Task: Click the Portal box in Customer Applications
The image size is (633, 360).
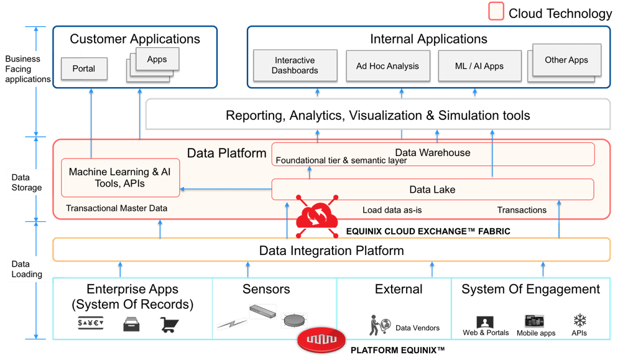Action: click(84, 68)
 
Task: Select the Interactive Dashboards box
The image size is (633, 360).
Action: click(295, 65)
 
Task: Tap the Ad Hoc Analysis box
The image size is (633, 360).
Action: click(387, 66)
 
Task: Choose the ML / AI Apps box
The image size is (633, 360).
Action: click(479, 66)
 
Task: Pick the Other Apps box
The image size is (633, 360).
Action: click(566, 60)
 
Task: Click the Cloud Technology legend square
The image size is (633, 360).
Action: click(496, 12)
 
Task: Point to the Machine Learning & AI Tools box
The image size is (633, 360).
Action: click(121, 177)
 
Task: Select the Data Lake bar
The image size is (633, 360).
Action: click(432, 190)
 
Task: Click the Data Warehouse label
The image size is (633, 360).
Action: click(433, 152)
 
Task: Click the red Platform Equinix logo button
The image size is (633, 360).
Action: click(321, 341)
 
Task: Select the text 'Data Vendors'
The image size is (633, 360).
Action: click(417, 328)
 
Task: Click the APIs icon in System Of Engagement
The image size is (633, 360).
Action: click(580, 321)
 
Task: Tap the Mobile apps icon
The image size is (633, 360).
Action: click(534, 321)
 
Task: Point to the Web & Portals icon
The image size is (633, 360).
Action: click(484, 322)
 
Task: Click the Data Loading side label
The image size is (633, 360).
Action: click(27, 269)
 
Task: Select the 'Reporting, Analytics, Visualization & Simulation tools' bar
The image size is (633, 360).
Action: click(377, 115)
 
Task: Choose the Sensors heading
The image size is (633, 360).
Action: click(266, 289)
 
